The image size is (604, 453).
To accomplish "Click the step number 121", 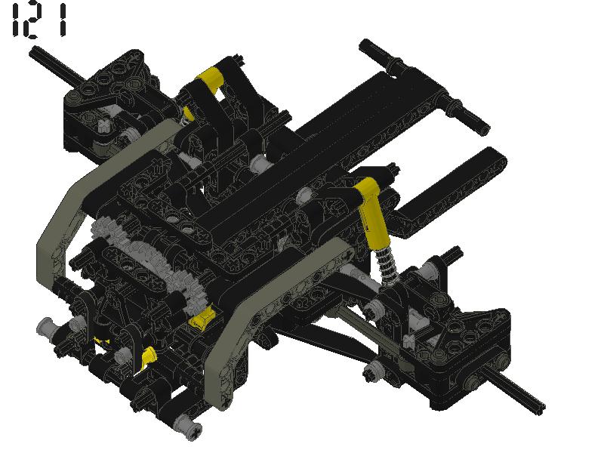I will [38, 21].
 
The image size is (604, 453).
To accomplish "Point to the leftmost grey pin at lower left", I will [45, 328].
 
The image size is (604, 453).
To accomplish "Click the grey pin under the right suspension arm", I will [371, 370].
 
